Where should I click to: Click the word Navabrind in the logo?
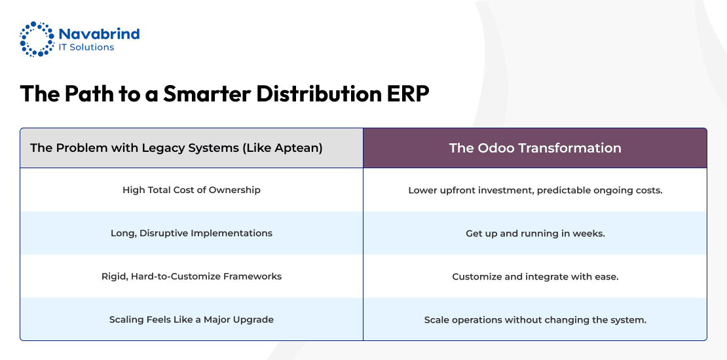pyautogui.click(x=99, y=34)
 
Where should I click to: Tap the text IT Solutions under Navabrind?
pyautogui.click(x=86, y=47)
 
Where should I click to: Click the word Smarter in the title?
pyautogui.click(x=207, y=94)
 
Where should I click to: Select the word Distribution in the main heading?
pyautogui.click(x=319, y=94)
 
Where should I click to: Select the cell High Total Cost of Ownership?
pyautogui.click(x=191, y=190)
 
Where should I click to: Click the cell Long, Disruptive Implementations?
pyautogui.click(x=191, y=233)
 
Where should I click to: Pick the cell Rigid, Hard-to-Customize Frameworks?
pyautogui.click(x=191, y=277)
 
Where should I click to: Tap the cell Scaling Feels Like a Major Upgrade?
pyautogui.click(x=191, y=319)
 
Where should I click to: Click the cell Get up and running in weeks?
pyautogui.click(x=536, y=234)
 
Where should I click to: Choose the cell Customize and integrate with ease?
pyautogui.click(x=536, y=277)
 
